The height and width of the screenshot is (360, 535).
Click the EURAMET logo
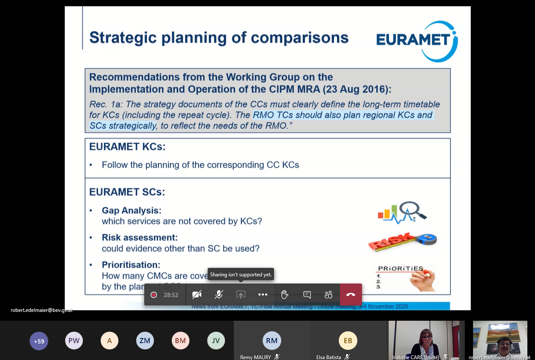tap(416, 41)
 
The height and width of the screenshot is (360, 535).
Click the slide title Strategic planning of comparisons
tap(219, 38)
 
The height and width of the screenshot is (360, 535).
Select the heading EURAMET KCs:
tap(127, 147)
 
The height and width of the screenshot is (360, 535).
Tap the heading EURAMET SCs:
tap(127, 192)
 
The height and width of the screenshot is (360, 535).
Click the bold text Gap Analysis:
tap(132, 210)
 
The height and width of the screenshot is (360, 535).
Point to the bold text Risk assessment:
tap(140, 237)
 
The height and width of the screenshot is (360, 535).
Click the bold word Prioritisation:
tap(131, 265)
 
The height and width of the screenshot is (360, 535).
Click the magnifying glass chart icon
tap(402, 212)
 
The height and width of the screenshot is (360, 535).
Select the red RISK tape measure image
tap(402, 242)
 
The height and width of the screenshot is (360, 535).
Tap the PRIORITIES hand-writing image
tap(405, 278)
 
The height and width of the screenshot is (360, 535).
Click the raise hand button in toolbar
tap(285, 295)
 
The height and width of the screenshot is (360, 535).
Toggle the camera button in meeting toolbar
tap(197, 295)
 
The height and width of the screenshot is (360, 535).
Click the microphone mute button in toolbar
tap(219, 295)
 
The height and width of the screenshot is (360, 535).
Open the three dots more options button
tap(263, 295)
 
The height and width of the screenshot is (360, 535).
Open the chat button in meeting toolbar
tap(307, 295)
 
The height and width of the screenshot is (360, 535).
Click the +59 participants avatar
tap(39, 341)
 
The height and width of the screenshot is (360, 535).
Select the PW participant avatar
tap(74, 341)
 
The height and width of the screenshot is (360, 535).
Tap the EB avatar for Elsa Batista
tap(348, 341)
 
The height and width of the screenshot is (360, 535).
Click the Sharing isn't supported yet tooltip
tap(241, 275)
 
